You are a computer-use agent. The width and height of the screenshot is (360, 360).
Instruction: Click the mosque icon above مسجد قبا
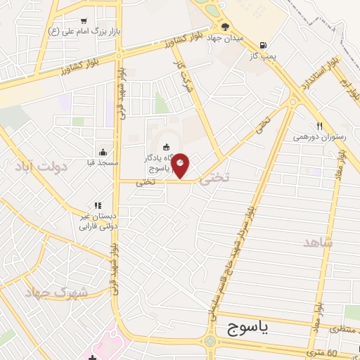[103, 152]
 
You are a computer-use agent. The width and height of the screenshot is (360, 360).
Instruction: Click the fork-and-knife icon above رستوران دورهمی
[319, 126]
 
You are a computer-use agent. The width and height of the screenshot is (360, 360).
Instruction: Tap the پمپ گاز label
[262, 53]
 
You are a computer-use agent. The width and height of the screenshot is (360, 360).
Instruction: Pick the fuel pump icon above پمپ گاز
[262, 42]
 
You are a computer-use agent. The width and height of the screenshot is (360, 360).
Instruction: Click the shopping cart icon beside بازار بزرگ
[84, 22]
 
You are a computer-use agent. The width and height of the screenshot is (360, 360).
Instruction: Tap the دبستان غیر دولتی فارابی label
[98, 221]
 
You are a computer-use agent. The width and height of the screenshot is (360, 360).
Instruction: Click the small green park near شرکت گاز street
[162, 104]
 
